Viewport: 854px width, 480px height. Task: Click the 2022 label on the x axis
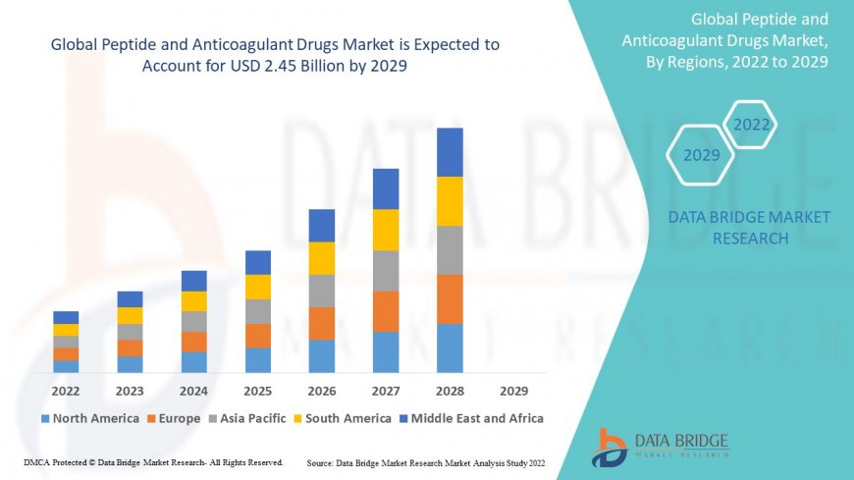(x=66, y=391)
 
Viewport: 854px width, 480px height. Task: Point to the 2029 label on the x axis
(x=513, y=391)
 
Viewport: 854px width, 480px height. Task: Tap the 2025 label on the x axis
(x=257, y=391)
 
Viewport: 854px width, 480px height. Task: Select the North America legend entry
(x=89, y=418)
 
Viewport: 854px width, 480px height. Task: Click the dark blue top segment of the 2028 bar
(x=450, y=152)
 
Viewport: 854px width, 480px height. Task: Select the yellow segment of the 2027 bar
(x=386, y=230)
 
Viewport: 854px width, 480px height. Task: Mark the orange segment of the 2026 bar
(x=322, y=323)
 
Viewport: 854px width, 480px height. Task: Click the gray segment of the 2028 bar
(x=450, y=250)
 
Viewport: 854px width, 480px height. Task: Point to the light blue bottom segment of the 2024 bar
(x=194, y=362)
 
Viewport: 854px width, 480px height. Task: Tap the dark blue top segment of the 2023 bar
(x=130, y=299)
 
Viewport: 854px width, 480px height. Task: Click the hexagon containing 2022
(x=752, y=126)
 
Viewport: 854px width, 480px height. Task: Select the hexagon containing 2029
(x=701, y=155)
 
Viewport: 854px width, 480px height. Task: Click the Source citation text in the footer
(x=426, y=462)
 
